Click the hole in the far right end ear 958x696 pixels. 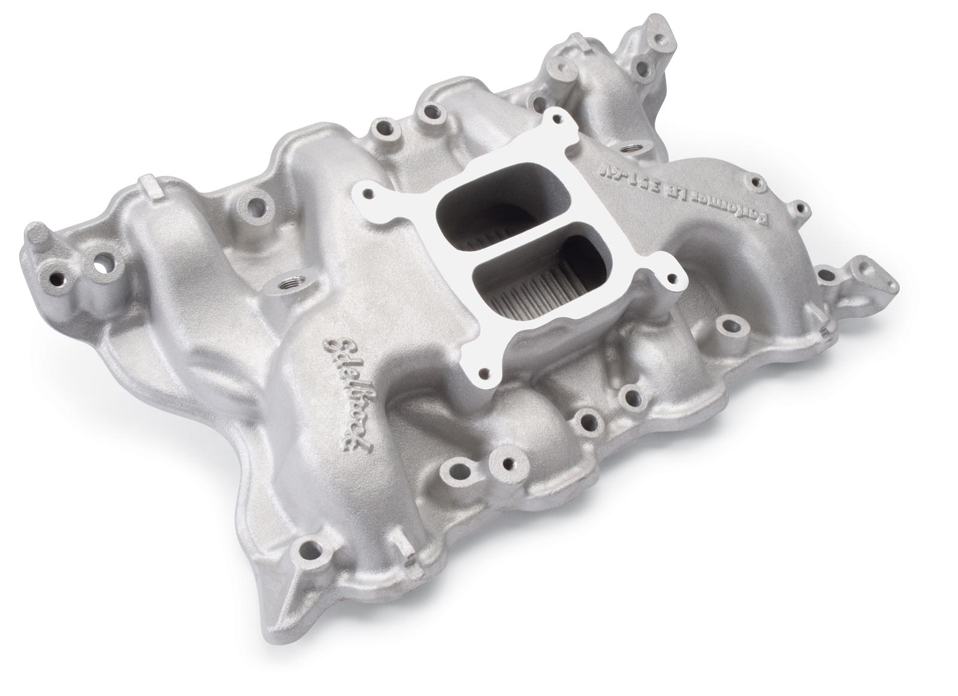tap(864, 264)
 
